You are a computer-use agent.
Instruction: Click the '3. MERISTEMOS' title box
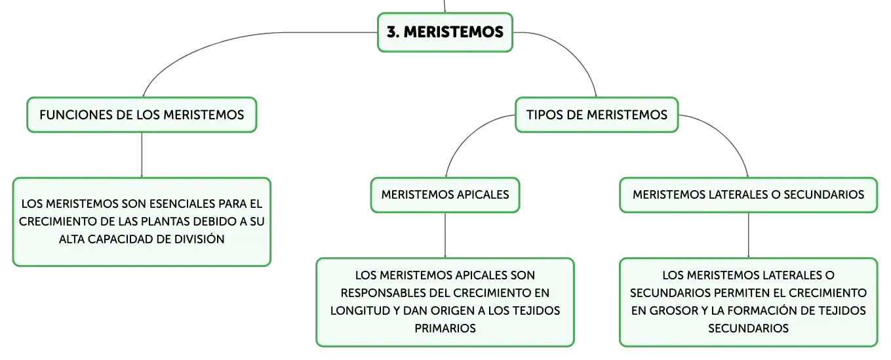click(445, 32)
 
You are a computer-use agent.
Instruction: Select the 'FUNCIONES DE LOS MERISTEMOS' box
click(142, 115)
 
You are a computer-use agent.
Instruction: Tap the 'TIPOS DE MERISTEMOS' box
click(597, 115)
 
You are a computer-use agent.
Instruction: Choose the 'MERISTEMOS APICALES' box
click(445, 195)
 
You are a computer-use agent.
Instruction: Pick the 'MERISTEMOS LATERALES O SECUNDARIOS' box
click(748, 195)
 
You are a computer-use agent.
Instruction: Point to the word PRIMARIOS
click(445, 328)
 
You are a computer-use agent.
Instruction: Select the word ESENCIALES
click(185, 204)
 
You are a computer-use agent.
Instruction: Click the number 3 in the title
click(392, 32)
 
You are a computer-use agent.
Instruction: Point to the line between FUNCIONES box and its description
click(142, 155)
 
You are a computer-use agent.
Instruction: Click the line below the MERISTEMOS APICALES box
click(445, 235)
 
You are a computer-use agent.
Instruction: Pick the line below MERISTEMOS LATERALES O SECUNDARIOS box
click(748, 235)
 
